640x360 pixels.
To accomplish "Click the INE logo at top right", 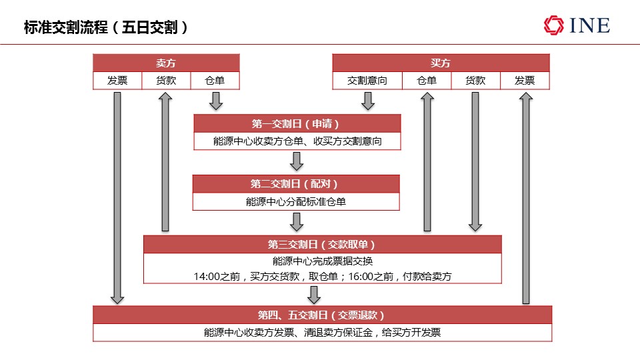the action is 577,25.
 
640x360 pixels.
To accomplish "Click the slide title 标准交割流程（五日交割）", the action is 106,27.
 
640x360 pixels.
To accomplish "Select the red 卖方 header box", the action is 166,63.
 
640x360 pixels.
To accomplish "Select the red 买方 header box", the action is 441,63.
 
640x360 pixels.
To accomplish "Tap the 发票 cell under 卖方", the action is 117,81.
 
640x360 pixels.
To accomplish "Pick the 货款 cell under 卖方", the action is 166,81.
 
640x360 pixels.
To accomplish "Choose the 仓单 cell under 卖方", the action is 215,81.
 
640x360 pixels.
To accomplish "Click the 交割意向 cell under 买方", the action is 367,81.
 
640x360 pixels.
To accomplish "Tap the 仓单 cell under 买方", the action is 427,81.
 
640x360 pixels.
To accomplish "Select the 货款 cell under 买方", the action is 475,81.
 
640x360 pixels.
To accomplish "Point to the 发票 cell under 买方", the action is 525,81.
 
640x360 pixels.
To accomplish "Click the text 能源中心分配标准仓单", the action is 296,201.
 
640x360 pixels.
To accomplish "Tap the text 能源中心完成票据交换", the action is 323,261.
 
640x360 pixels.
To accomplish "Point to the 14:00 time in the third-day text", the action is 207,277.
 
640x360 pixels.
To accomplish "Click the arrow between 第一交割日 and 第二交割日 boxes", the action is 297,161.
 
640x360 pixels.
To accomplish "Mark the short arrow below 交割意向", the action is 368,101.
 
